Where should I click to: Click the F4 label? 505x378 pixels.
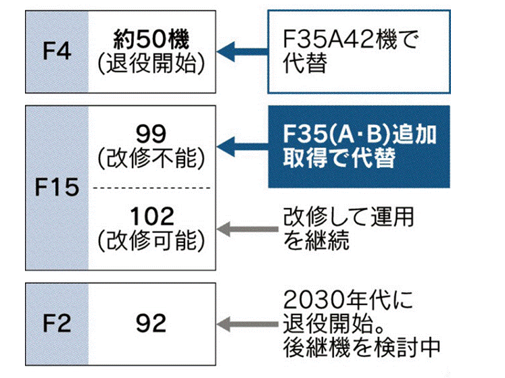click(x=57, y=51)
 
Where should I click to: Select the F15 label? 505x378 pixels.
click(x=57, y=187)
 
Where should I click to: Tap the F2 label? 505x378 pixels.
click(x=57, y=323)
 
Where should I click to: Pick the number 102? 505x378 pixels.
click(x=151, y=217)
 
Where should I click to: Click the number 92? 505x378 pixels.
click(x=151, y=323)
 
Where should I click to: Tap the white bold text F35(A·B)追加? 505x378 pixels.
click(x=359, y=134)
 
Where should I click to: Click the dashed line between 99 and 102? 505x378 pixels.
click(x=151, y=187)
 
